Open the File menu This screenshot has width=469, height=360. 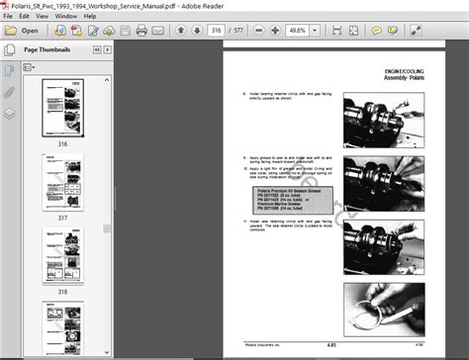9,17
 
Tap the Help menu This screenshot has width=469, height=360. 94,17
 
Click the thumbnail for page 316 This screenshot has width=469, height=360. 62,106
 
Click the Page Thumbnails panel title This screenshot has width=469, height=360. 47,48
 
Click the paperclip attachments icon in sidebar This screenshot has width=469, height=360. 9,91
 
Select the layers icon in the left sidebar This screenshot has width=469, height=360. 9,113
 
